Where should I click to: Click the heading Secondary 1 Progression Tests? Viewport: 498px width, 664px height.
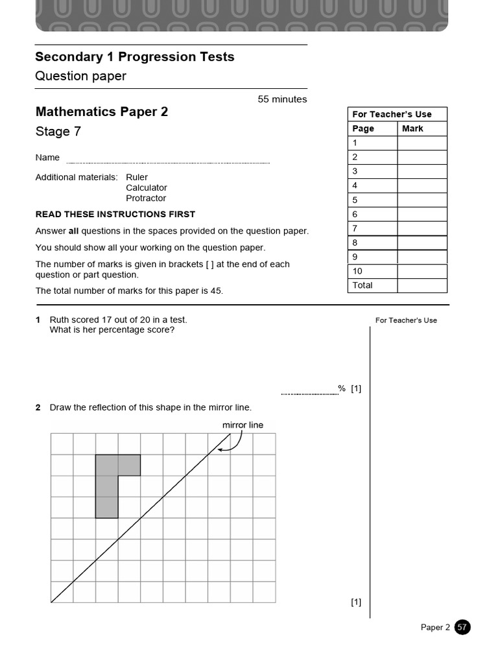(x=134, y=57)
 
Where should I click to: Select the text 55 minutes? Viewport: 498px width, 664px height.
(x=282, y=99)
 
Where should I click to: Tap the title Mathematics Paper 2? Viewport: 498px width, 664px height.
(x=101, y=112)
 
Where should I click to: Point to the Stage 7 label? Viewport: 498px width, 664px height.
(x=58, y=132)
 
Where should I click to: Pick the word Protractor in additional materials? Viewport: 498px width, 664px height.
(x=146, y=198)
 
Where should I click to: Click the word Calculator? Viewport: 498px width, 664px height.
(x=147, y=188)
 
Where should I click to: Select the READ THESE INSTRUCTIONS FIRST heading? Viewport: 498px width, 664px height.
(x=115, y=215)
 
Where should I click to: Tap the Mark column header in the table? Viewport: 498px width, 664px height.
(x=412, y=128)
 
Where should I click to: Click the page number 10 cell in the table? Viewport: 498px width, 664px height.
(x=358, y=271)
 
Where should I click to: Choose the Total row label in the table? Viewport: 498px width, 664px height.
(x=362, y=285)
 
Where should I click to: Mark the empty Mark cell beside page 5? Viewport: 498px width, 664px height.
(x=422, y=200)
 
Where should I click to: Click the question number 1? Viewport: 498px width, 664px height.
(x=38, y=320)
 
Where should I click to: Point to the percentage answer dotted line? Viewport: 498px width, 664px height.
(x=309, y=393)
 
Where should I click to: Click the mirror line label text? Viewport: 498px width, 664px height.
(x=243, y=425)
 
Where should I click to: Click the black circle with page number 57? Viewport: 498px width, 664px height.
(x=462, y=627)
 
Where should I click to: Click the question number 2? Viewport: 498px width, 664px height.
(x=38, y=407)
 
